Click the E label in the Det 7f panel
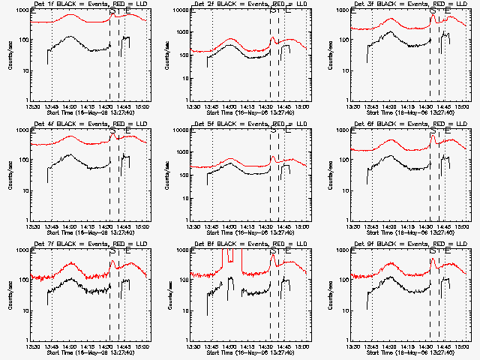[127, 251]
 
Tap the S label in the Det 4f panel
[112, 131]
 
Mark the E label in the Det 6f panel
[448, 131]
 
